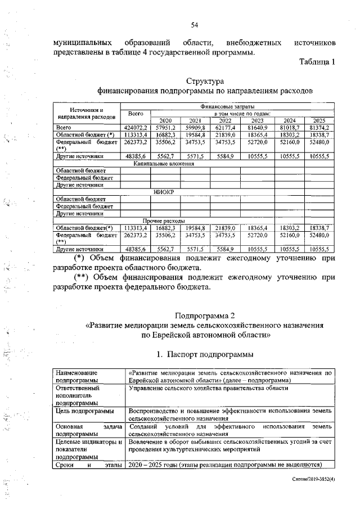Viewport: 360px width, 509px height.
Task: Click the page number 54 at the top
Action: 195,25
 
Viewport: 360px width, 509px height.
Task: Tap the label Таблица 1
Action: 317,62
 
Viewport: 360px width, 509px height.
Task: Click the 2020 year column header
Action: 165,120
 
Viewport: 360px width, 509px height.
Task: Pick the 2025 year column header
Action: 319,120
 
